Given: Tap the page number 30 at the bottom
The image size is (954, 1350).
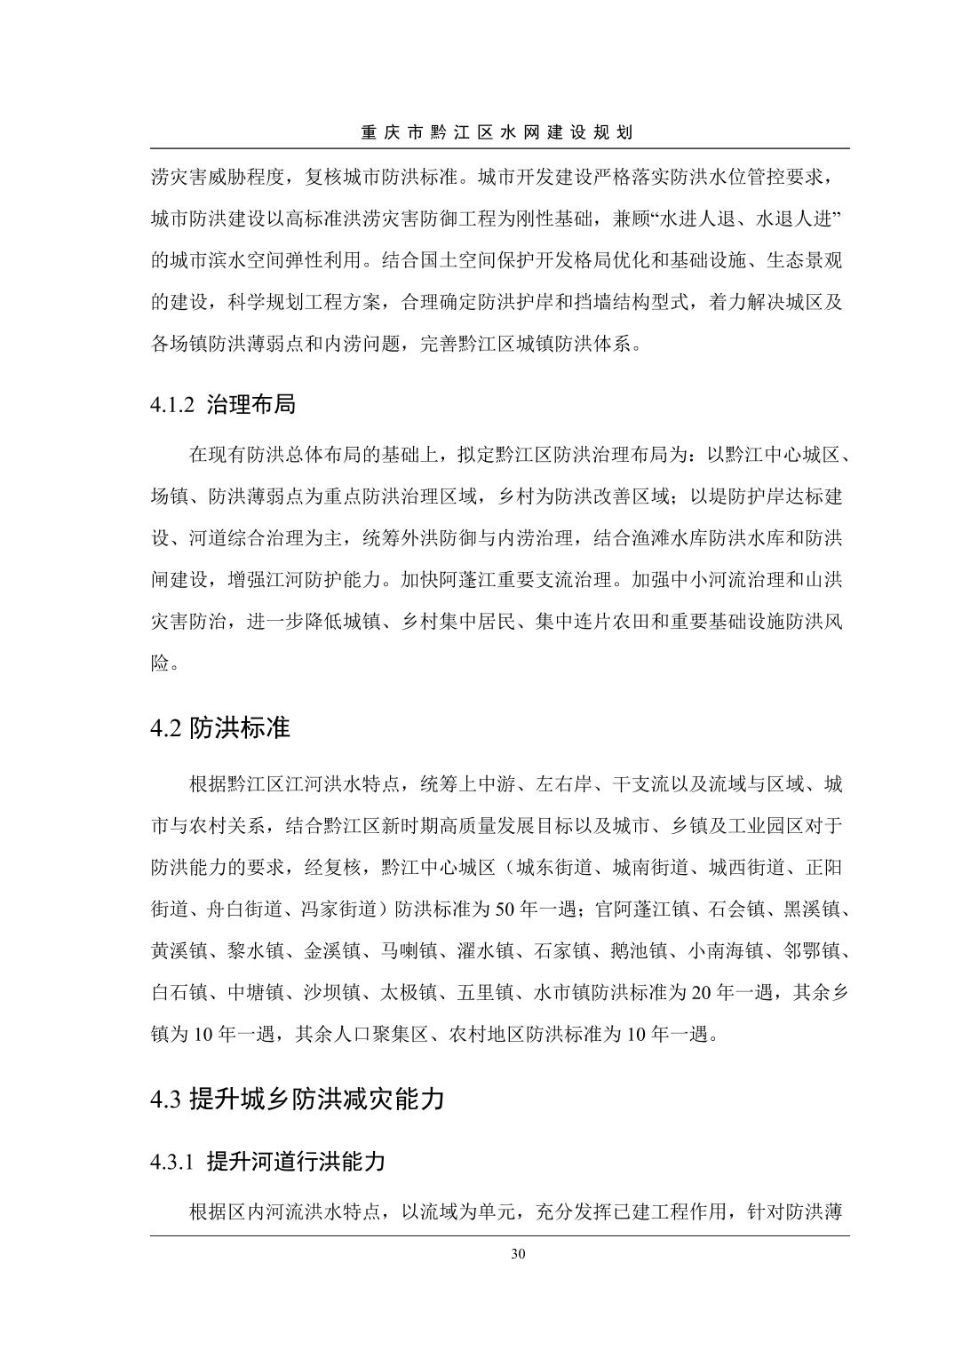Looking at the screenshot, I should (519, 1254).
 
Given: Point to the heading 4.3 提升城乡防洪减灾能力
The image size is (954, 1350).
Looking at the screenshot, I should (297, 1099).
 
